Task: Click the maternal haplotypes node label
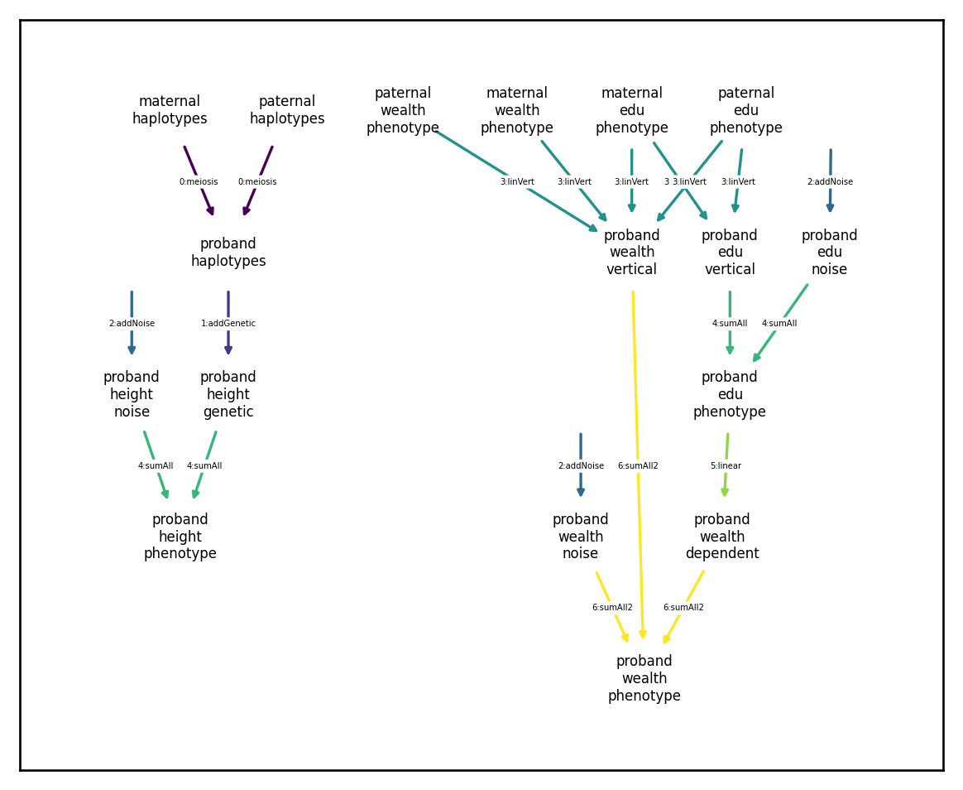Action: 170,109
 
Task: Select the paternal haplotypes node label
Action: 287,109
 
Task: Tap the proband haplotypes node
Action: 228,252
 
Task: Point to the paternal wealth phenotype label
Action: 403,110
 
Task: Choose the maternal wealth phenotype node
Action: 517,110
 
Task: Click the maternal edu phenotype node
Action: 632,110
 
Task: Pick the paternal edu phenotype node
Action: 746,110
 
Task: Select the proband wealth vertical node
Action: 632,252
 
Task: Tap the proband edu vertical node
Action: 730,252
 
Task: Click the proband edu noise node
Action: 830,252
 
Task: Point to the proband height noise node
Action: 132,394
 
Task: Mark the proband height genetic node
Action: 228,394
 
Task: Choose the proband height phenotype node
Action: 180,536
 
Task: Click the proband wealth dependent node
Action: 722,536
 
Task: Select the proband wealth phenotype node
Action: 644,678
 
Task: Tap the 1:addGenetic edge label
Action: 228,324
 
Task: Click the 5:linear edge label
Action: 726,466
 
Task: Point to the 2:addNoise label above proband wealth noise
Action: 581,466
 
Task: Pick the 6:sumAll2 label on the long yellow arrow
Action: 638,466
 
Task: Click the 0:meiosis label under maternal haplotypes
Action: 199,182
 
